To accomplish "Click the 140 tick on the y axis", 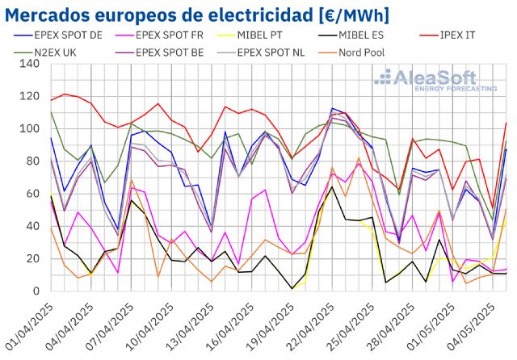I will pyautogui.click(x=30, y=64).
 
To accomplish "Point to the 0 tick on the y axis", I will pyautogui.click(x=36, y=291).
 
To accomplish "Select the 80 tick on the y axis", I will pyautogui.click(x=33, y=161).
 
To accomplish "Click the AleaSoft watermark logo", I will pyautogui.click(x=437, y=82).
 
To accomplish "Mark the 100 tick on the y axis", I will pyautogui.click(x=30, y=129).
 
